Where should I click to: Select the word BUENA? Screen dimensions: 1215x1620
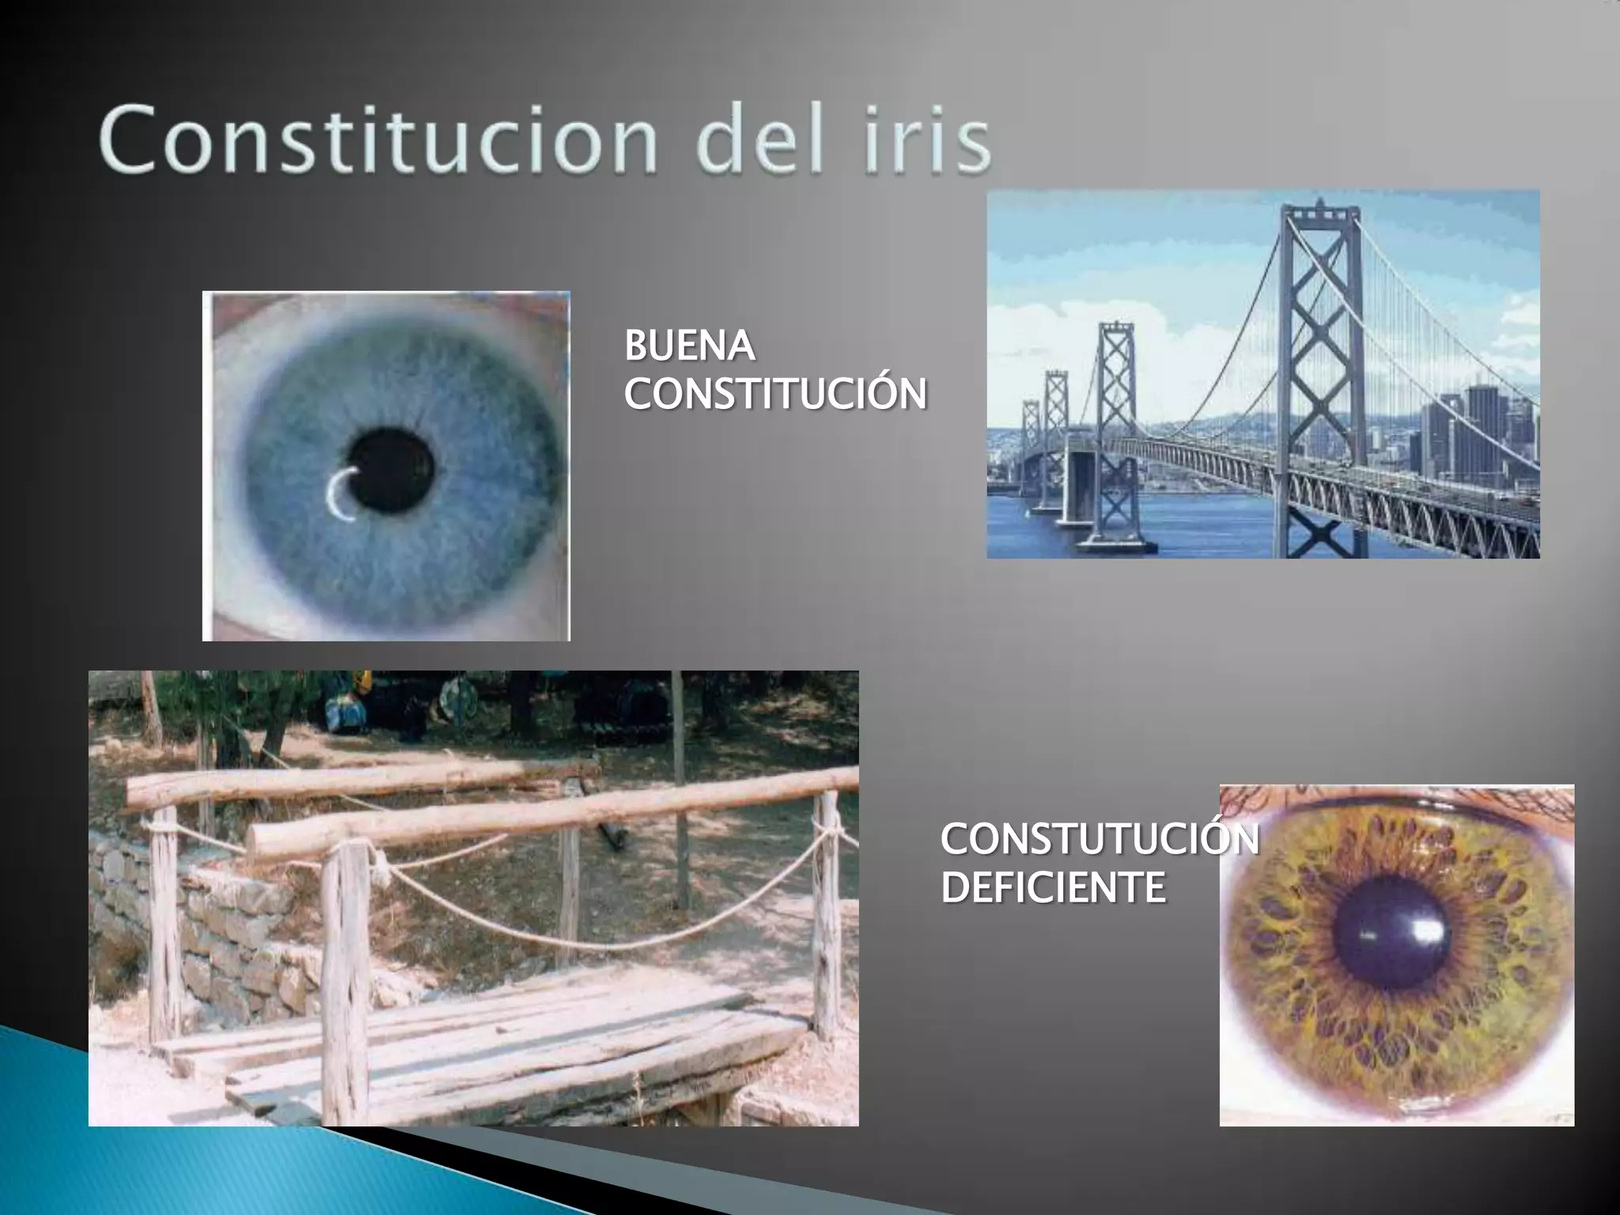[688, 346]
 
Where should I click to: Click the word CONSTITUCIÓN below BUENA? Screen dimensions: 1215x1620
[775, 393]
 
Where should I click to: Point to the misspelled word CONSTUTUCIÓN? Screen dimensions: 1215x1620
[1100, 839]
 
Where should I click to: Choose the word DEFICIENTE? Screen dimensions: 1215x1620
[1053, 887]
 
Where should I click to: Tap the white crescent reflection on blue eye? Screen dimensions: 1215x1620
[339, 496]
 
